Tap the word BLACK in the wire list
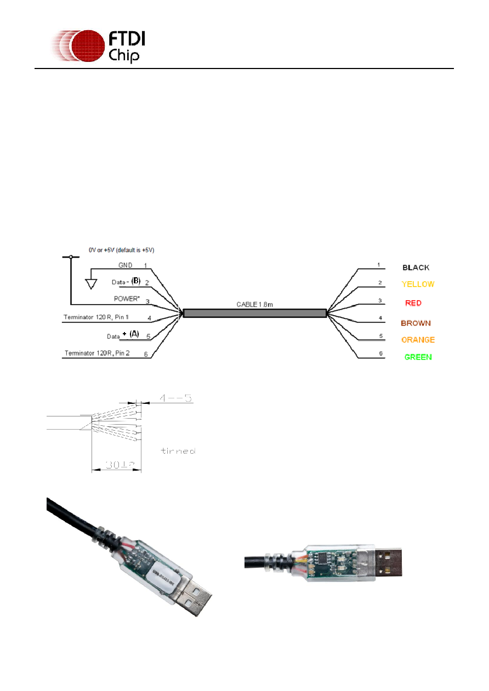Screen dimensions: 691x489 click(416, 268)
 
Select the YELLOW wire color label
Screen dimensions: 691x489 click(418, 284)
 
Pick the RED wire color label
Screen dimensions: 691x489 click(413, 303)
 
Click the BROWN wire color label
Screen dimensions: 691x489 click(416, 323)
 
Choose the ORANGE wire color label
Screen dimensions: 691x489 click(418, 340)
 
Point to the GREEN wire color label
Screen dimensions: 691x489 click(418, 357)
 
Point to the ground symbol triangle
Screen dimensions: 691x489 click(92, 283)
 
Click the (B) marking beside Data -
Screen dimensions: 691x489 click(135, 281)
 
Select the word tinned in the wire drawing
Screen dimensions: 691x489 click(178, 451)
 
